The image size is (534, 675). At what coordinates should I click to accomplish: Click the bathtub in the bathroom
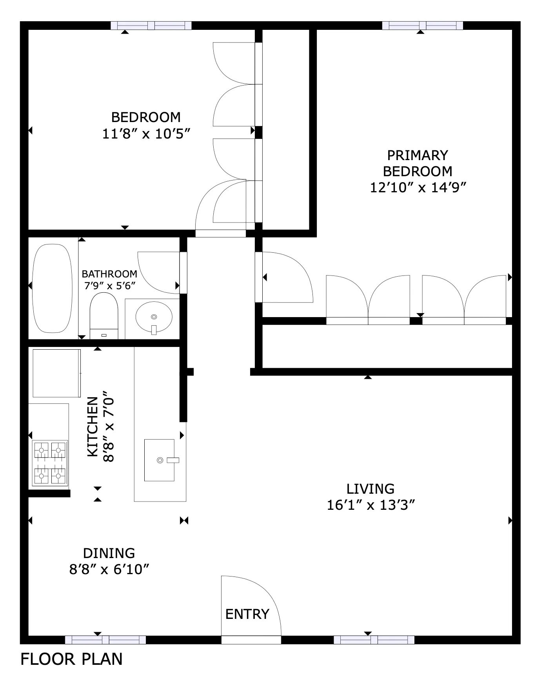coord(52,288)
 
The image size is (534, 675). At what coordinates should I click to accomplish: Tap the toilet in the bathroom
coord(104,316)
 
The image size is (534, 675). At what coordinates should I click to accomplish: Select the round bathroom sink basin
coord(154,317)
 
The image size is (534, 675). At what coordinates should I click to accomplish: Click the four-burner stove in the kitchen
coord(49,463)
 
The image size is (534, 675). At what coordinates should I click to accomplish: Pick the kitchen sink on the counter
coord(160,460)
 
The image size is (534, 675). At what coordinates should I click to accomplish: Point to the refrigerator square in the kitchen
coord(57,373)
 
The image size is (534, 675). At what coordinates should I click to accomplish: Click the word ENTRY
coord(247,614)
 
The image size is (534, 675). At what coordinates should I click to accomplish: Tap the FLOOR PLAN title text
coord(71,659)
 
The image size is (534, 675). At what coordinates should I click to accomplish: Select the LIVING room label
coord(371,489)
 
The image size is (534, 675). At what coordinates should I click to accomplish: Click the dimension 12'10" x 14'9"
coord(418,188)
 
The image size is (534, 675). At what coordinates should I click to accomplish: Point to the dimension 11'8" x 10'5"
coord(146,134)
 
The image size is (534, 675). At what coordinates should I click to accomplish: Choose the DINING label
coord(109,553)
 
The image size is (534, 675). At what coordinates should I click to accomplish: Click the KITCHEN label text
coord(93,427)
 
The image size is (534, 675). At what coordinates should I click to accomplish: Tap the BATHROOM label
coord(109,274)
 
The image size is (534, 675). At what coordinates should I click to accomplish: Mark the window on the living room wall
coord(374,640)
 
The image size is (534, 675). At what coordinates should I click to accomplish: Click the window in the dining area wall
coord(105,640)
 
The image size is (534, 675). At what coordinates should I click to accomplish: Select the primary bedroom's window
coord(423,26)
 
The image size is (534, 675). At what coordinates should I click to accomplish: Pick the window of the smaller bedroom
coord(151,26)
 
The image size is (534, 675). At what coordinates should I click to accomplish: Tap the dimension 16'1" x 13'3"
coord(371,505)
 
